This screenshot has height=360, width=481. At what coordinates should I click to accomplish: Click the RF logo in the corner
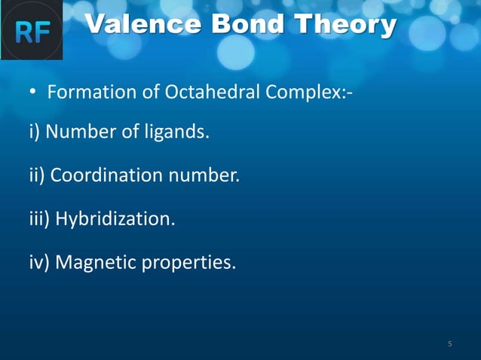coord(31,31)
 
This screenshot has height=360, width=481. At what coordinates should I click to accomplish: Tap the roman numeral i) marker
coord(35,133)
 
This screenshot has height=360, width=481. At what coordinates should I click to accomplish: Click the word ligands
coord(178,133)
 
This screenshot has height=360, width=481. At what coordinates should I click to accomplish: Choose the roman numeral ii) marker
coord(38,176)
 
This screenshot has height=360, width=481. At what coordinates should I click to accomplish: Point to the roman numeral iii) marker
coord(40,219)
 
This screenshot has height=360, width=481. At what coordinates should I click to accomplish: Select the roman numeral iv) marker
coord(39,262)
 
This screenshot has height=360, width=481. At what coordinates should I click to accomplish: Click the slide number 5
coord(450,344)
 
